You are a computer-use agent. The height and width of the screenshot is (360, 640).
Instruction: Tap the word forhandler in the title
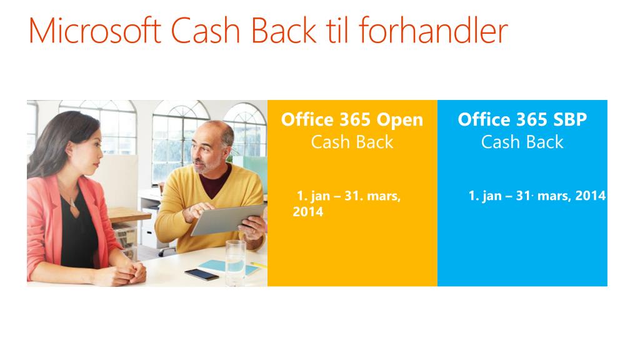(x=438, y=31)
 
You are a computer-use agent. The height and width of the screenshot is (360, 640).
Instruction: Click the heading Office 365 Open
(x=352, y=119)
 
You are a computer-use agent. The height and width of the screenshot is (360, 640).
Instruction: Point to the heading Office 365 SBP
(x=522, y=119)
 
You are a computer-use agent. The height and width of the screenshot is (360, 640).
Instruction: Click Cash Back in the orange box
(x=352, y=142)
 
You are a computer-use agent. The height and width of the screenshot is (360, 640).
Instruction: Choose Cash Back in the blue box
(x=522, y=142)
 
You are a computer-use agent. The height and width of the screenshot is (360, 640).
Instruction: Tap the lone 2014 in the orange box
(x=307, y=212)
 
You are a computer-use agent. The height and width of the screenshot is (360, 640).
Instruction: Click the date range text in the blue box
(x=537, y=196)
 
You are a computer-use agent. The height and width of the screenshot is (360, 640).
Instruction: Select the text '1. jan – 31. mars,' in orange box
(x=348, y=196)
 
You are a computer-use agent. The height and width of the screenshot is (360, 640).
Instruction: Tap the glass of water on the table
(x=235, y=262)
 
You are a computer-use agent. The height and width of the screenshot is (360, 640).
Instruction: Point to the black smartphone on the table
(x=202, y=274)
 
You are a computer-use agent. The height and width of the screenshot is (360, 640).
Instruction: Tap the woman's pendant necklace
(x=74, y=203)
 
